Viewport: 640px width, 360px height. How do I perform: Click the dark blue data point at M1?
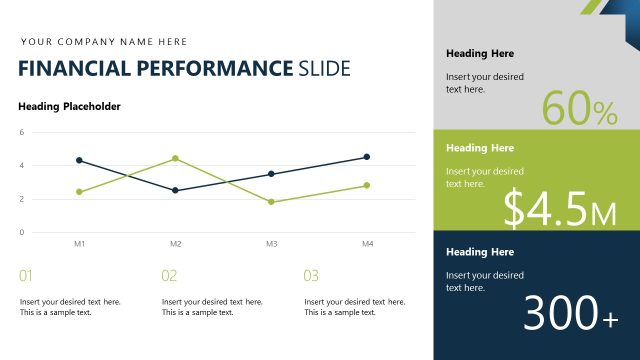click(79, 160)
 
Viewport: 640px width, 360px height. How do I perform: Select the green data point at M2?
click(175, 158)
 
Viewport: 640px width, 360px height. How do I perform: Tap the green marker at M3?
click(271, 202)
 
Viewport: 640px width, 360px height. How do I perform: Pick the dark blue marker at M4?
click(367, 157)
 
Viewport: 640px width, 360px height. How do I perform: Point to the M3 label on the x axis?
click(271, 244)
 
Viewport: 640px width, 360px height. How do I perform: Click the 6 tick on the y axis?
click(21, 132)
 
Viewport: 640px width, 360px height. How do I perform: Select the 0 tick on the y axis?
click(21, 232)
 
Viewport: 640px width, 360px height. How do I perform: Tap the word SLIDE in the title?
click(324, 69)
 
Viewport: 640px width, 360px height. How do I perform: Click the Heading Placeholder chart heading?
click(70, 106)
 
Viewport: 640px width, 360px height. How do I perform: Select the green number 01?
click(26, 276)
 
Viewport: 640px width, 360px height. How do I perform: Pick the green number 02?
click(169, 276)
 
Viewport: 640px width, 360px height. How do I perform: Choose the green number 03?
click(311, 276)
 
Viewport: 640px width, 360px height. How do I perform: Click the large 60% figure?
click(580, 109)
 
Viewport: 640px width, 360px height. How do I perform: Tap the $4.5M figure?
click(560, 208)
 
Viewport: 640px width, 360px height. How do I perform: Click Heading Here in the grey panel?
click(480, 54)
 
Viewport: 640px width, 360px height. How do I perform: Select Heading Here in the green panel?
click(480, 148)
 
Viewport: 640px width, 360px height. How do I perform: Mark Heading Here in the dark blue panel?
click(480, 252)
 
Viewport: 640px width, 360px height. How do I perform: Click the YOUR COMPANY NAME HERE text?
click(104, 42)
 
